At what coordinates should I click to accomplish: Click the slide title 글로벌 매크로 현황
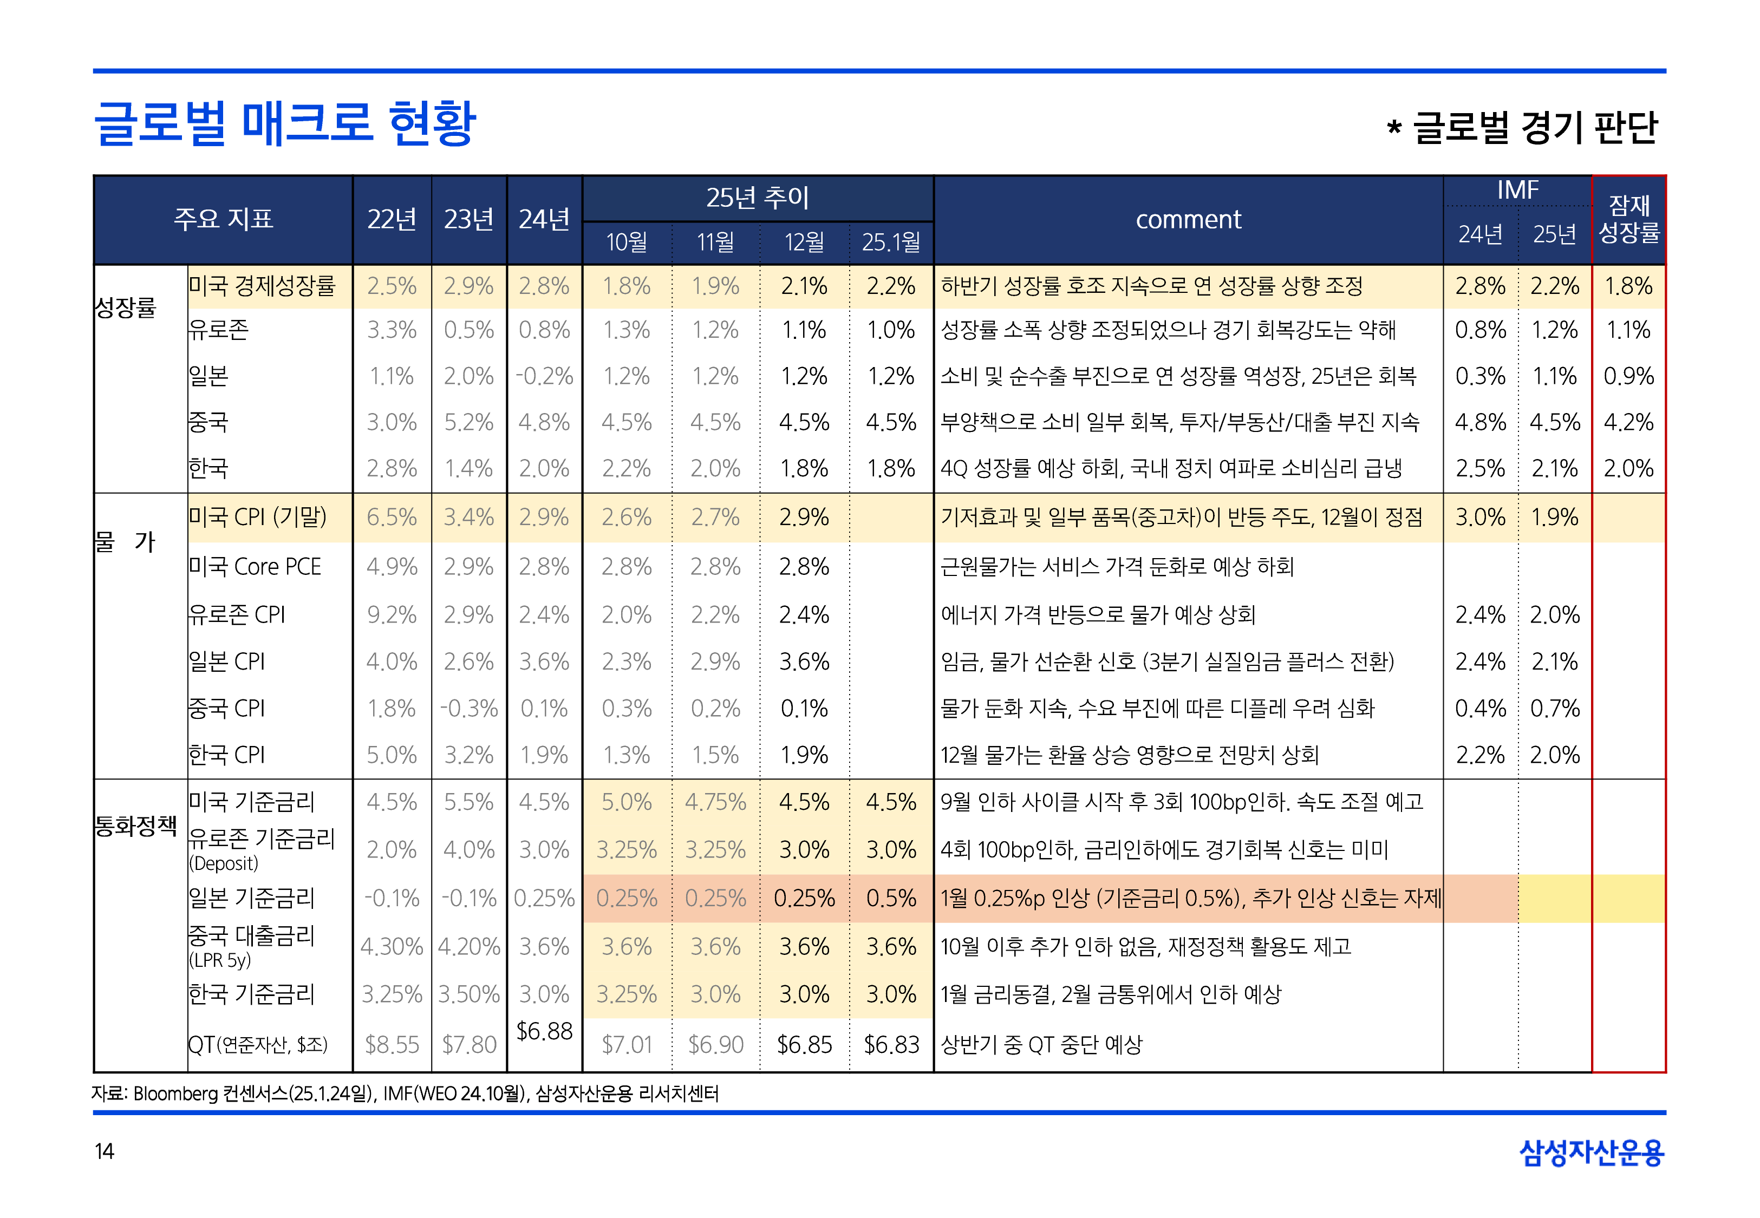click(x=285, y=123)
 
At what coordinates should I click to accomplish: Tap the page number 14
click(x=104, y=1151)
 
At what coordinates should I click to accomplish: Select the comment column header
click(x=1188, y=220)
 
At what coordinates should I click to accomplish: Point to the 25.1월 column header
click(x=891, y=243)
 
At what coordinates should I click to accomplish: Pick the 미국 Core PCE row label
click(x=255, y=567)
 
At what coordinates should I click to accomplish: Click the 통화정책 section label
click(x=136, y=825)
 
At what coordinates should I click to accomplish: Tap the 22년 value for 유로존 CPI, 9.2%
click(x=392, y=615)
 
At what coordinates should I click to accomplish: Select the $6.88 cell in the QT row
click(x=544, y=1031)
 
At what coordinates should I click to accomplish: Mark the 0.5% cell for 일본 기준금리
click(x=891, y=898)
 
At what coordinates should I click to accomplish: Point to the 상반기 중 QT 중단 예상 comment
click(x=1041, y=1045)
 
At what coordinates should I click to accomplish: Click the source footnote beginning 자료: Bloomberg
click(x=405, y=1093)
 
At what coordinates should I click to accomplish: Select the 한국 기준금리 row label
click(x=252, y=994)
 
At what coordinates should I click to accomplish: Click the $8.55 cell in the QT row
click(x=392, y=1045)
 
